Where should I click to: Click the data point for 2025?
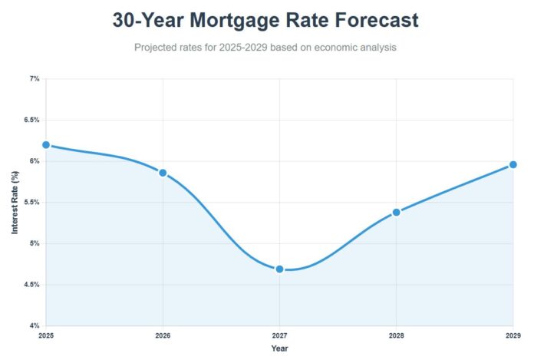pyautogui.click(x=46, y=144)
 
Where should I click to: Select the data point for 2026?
pyautogui.click(x=163, y=173)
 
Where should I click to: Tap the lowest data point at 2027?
pyautogui.click(x=279, y=269)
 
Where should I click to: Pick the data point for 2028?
pyautogui.click(x=396, y=212)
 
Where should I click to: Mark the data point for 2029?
pyautogui.click(x=513, y=164)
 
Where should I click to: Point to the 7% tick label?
pyautogui.click(x=34, y=78)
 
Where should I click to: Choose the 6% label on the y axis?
pyautogui.click(x=34, y=161)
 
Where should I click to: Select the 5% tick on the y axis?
pyautogui.click(x=34, y=243)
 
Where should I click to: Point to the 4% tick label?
pyautogui.click(x=34, y=326)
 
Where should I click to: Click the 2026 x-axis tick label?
pyautogui.click(x=163, y=336)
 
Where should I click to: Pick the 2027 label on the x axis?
pyautogui.click(x=279, y=336)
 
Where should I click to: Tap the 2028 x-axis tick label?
pyautogui.click(x=396, y=336)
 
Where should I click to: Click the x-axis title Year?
pyautogui.click(x=279, y=348)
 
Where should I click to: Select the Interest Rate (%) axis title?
pyautogui.click(x=15, y=203)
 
